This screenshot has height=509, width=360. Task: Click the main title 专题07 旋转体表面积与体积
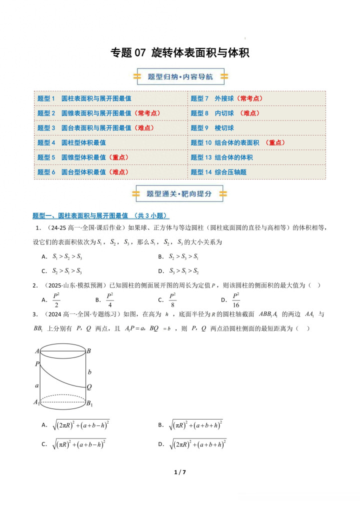click(x=179, y=52)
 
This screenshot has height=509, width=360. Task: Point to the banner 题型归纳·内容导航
click(x=180, y=77)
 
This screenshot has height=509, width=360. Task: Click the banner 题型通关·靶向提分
click(x=180, y=193)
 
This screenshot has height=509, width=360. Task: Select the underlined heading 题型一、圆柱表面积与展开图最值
click(x=100, y=216)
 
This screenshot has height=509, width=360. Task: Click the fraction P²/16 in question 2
click(x=236, y=300)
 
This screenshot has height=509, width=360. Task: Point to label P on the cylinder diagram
click(x=37, y=364)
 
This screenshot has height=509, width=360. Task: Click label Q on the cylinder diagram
click(x=88, y=386)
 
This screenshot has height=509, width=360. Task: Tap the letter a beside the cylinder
click(x=37, y=386)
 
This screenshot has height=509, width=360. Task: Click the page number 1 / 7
click(x=180, y=472)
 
